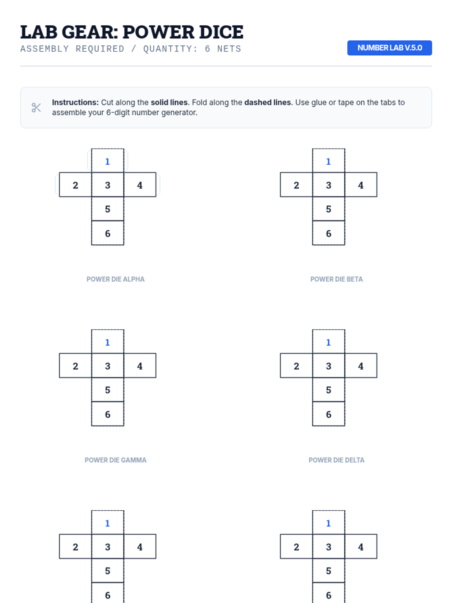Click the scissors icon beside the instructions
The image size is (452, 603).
(36, 107)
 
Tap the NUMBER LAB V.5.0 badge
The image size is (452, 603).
(389, 48)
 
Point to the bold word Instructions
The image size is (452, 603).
(75, 103)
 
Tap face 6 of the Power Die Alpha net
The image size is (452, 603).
(108, 233)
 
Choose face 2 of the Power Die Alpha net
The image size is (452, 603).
(75, 185)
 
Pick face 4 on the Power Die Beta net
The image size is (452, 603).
(360, 185)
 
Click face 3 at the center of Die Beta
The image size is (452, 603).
(328, 185)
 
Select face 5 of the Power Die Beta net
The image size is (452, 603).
(328, 209)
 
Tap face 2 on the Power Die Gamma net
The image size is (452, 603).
(75, 366)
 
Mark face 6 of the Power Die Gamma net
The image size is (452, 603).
(108, 414)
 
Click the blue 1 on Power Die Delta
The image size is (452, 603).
(328, 342)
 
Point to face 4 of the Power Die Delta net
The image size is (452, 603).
(360, 366)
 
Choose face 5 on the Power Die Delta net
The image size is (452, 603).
(328, 390)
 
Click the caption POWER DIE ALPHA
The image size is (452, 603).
(116, 279)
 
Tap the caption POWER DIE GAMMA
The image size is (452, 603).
(116, 460)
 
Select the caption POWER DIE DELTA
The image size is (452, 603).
(336, 460)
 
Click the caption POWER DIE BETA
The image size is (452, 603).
(336, 279)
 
